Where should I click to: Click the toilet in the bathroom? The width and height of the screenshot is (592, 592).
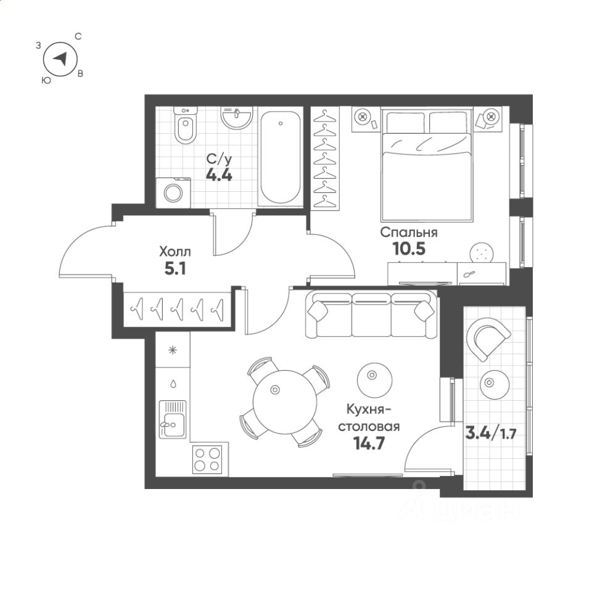[185, 126]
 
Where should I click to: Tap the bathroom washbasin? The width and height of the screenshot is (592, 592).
[237, 117]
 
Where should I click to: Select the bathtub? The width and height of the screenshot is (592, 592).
[281, 157]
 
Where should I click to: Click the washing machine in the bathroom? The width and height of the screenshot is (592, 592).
[173, 193]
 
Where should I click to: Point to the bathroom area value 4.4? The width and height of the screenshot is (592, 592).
[219, 175]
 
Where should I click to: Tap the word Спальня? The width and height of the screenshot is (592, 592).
[408, 232]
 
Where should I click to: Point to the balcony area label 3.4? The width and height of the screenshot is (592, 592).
[478, 433]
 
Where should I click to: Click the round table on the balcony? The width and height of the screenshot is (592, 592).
[494, 384]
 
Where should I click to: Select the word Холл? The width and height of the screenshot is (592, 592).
[175, 252]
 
